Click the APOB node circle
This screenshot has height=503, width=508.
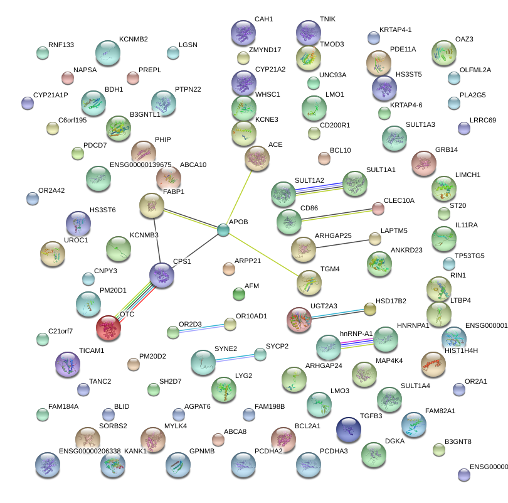(x=223, y=230)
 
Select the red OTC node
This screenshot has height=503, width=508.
(x=108, y=327)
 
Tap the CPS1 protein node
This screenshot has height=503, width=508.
(x=162, y=276)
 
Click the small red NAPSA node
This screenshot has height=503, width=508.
(x=67, y=78)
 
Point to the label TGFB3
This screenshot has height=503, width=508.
(x=372, y=416)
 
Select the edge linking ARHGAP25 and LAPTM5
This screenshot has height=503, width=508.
(x=345, y=244)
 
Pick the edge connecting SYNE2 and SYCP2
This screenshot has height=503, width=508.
(x=235, y=358)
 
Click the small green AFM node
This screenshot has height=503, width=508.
(x=239, y=293)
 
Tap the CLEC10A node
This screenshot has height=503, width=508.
(x=378, y=208)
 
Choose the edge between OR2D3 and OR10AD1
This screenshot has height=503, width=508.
(x=201, y=327)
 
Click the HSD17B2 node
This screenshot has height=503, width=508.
(x=370, y=308)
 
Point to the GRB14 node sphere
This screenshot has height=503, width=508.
(x=424, y=164)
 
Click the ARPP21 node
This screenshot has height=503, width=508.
(x=228, y=269)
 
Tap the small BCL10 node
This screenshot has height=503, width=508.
(x=324, y=158)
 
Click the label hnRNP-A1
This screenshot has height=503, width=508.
(x=356, y=333)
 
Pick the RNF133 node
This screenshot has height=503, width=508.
(x=43, y=53)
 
